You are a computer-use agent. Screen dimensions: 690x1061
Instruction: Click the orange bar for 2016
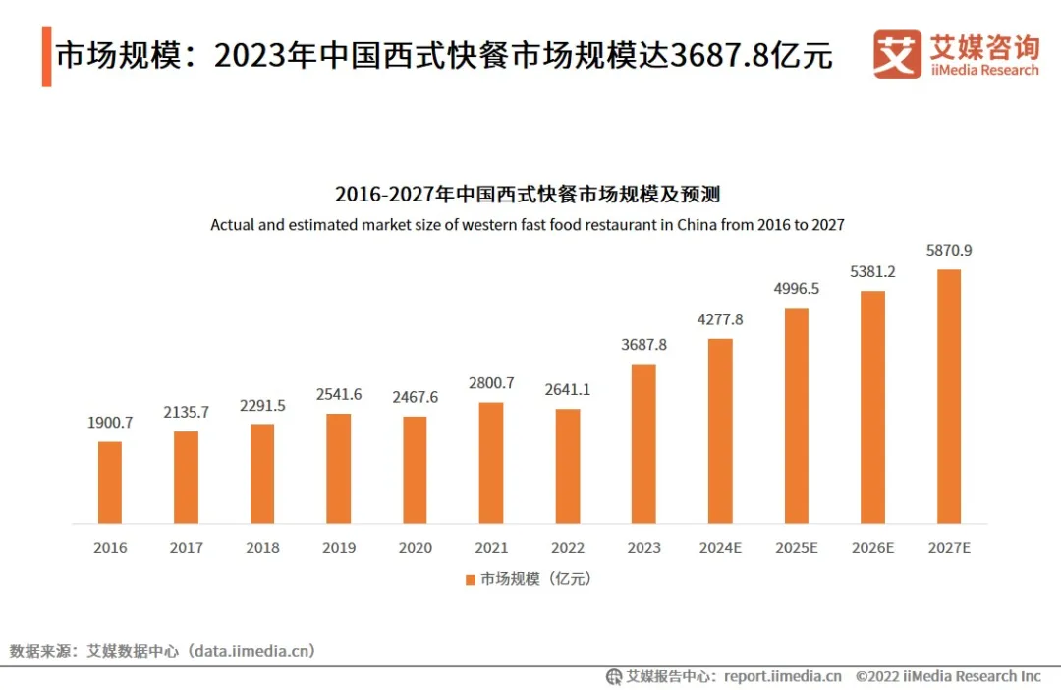click(x=110, y=483)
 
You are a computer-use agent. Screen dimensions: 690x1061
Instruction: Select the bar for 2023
click(x=643, y=443)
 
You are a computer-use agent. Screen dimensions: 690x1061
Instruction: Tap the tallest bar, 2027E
click(x=948, y=396)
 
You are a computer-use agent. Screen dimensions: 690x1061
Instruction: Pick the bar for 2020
click(x=415, y=470)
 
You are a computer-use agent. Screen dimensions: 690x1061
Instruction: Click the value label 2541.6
click(x=338, y=394)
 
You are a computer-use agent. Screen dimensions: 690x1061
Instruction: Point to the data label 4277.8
click(x=720, y=319)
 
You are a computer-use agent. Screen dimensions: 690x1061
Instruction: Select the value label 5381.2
click(x=872, y=271)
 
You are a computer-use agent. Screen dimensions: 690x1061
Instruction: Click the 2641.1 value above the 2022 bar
click(x=567, y=389)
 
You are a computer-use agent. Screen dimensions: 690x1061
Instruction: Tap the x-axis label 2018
click(x=262, y=548)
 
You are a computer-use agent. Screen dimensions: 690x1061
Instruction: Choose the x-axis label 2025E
click(x=796, y=548)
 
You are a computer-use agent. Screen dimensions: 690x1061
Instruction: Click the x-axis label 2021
click(x=491, y=548)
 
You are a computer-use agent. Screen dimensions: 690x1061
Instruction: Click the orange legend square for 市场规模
click(x=471, y=580)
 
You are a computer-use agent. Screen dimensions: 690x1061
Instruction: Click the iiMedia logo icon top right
click(x=897, y=54)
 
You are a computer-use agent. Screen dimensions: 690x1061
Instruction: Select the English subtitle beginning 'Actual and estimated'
click(x=528, y=225)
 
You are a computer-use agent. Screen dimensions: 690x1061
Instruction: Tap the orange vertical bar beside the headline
click(x=46, y=56)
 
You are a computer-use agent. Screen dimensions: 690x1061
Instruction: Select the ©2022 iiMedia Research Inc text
click(x=947, y=676)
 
